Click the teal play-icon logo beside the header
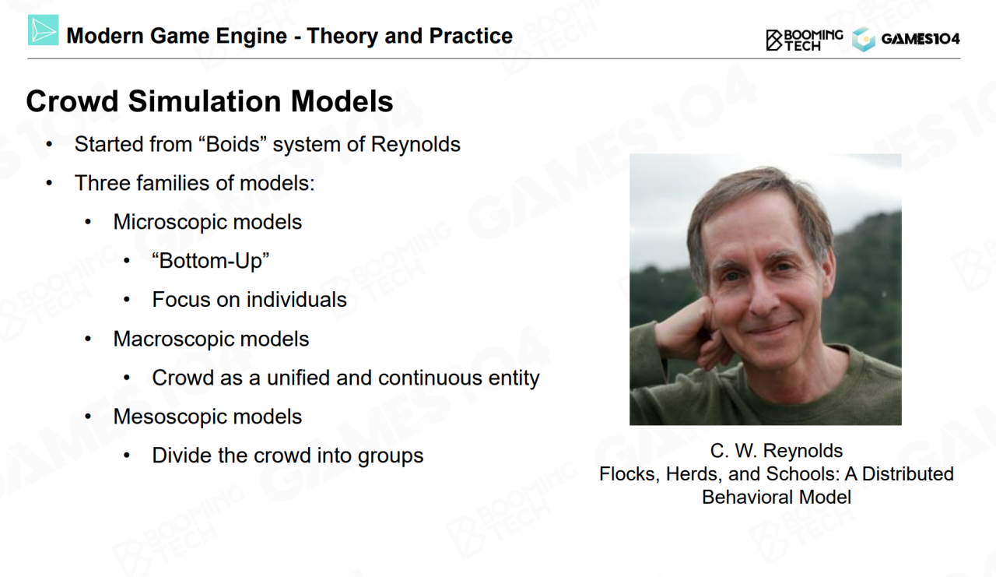43,30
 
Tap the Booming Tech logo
805,40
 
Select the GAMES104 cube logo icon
864,40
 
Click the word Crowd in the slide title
72,101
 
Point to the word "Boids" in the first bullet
235,144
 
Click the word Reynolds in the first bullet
416,145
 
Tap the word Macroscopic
173,339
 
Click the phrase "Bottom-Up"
211,261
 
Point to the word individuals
294,299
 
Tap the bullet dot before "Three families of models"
49,183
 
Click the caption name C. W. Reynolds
777,451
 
